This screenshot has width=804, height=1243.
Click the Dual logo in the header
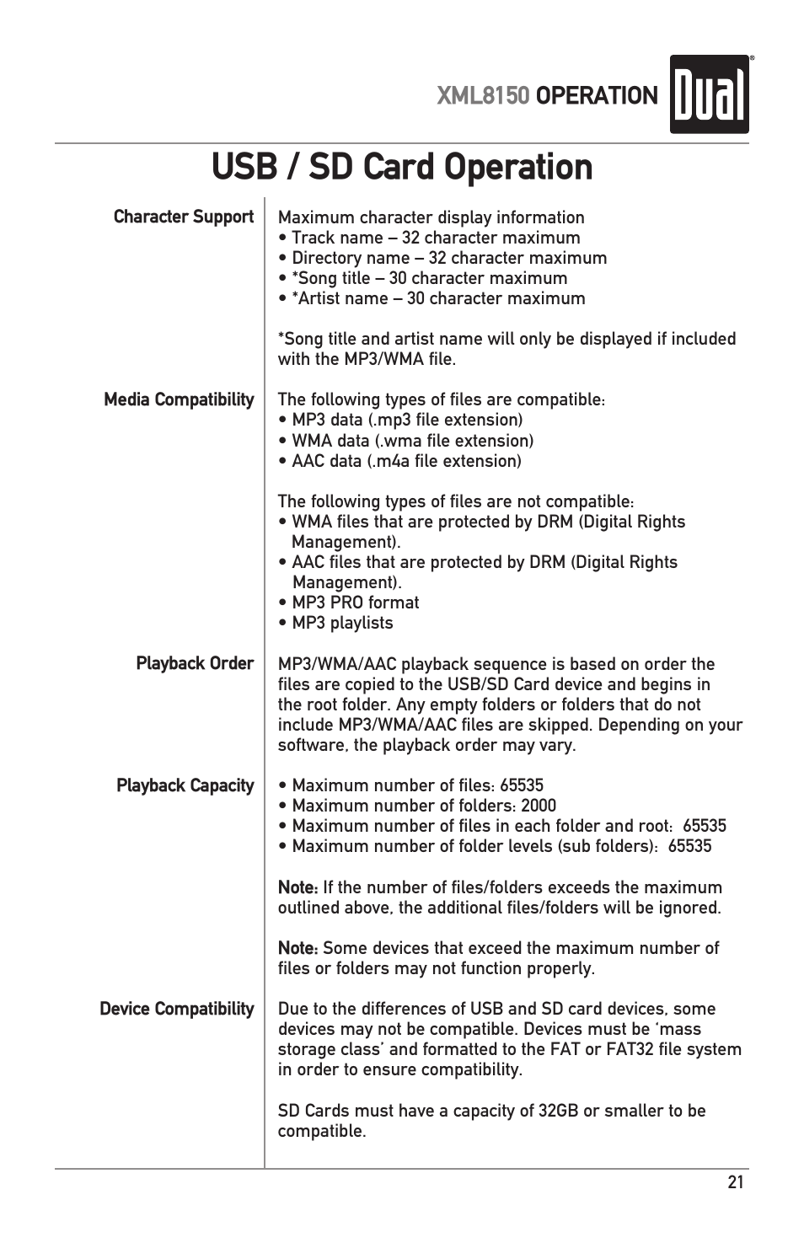(709, 94)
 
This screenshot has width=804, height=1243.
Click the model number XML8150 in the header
(483, 96)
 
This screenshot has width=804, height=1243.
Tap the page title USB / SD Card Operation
(402, 167)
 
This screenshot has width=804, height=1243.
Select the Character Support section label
(183, 217)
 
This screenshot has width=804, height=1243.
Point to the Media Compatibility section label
(179, 399)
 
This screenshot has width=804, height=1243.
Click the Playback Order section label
(195, 663)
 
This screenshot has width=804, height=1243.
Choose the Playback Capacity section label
(185, 785)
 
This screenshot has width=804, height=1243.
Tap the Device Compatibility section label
(176, 1009)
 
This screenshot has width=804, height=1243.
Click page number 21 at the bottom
(736, 1182)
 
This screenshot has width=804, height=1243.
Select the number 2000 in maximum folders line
(539, 806)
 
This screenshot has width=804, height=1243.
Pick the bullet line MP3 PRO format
(355, 603)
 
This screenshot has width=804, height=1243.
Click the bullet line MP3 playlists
(342, 623)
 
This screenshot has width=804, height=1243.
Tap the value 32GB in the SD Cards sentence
(558, 1111)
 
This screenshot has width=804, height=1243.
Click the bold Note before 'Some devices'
(297, 948)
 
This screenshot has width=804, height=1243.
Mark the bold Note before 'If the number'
(297, 887)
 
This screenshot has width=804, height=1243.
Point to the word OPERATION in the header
(597, 96)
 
